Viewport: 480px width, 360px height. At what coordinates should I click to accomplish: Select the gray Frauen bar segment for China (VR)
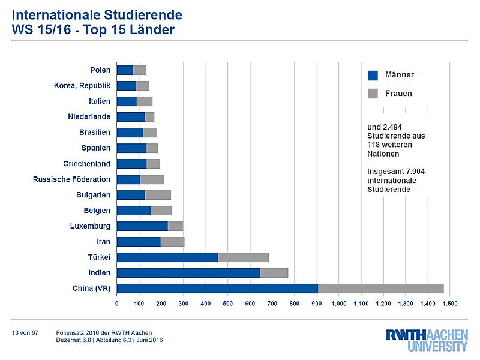pyautogui.click(x=380, y=289)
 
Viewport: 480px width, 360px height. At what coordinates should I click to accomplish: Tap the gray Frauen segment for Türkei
pyautogui.click(x=243, y=257)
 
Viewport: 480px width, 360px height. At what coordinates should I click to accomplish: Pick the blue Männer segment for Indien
pyautogui.click(x=188, y=273)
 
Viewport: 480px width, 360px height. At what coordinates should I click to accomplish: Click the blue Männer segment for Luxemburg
pyautogui.click(x=142, y=226)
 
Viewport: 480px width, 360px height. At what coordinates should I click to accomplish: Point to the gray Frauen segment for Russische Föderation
pyautogui.click(x=152, y=179)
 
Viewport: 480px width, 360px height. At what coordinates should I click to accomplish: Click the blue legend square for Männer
pyautogui.click(x=373, y=75)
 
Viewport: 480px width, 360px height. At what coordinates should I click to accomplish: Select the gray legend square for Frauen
pyautogui.click(x=373, y=94)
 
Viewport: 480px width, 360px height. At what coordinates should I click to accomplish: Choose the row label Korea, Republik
pyautogui.click(x=82, y=86)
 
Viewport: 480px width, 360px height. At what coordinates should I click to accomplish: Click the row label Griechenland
pyautogui.click(x=86, y=164)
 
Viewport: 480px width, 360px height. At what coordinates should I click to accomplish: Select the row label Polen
pyautogui.click(x=100, y=70)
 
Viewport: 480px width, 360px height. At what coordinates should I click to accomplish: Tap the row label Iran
pyautogui.click(x=103, y=242)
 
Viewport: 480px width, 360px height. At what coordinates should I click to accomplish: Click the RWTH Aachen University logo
pyautogui.click(x=427, y=340)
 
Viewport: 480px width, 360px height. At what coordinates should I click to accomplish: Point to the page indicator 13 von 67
pyautogui.click(x=25, y=332)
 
